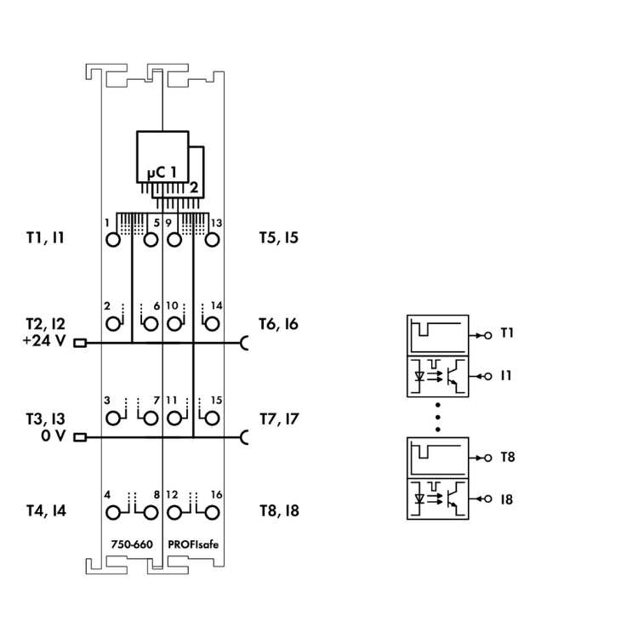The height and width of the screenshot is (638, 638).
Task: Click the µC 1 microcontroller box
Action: (x=162, y=157)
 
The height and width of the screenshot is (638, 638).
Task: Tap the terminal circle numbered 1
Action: (x=114, y=239)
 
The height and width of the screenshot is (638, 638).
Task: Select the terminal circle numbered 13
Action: (x=211, y=239)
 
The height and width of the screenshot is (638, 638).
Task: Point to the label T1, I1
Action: (x=45, y=239)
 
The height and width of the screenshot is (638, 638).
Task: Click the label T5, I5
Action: (x=278, y=239)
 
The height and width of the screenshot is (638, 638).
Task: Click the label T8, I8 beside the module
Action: (x=279, y=511)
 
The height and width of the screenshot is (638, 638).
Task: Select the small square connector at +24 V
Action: (x=81, y=344)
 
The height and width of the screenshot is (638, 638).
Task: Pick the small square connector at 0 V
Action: (x=81, y=438)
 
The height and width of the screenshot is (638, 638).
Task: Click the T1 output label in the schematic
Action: (x=507, y=333)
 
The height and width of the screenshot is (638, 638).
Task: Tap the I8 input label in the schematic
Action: (x=507, y=499)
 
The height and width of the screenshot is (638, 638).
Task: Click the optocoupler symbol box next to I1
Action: (x=438, y=376)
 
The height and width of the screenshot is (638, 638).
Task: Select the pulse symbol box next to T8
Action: (x=438, y=459)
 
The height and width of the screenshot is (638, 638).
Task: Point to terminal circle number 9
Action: (x=174, y=239)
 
